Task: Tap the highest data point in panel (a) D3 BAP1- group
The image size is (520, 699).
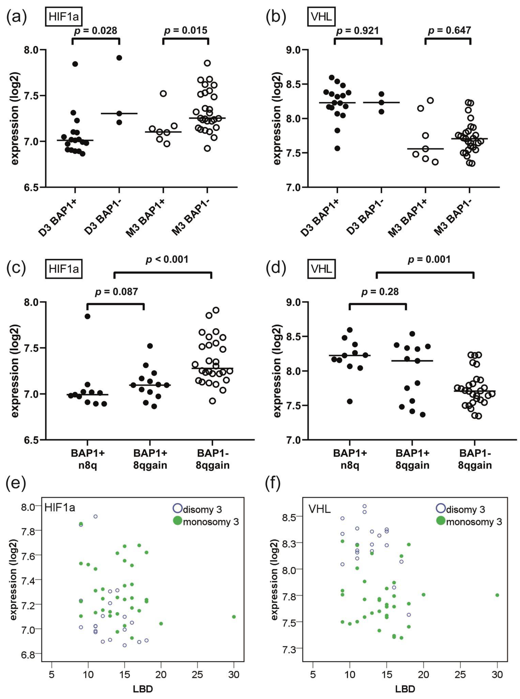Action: tap(119, 58)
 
